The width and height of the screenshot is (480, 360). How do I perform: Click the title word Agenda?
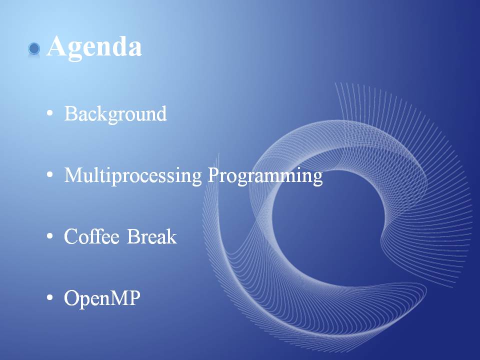pos(94,47)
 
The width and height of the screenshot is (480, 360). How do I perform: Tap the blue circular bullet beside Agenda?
pos(34,48)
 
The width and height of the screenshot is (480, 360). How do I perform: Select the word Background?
pos(115,114)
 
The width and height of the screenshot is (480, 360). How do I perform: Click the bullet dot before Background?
pos(49,113)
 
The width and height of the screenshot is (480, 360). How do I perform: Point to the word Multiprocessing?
pos(133,176)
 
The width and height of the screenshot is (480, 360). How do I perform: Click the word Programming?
pos(265,176)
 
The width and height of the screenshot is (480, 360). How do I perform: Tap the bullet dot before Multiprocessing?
pos(49,174)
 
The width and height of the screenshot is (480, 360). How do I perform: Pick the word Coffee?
pos(91,236)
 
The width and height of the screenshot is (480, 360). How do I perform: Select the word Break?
pos(152,236)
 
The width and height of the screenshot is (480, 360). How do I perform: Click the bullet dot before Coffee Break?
pos(49,236)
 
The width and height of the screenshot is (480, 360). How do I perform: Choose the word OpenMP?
pos(102,298)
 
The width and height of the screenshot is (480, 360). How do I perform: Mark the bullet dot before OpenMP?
pos(49,297)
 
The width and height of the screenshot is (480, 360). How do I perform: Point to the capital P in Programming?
pos(214,175)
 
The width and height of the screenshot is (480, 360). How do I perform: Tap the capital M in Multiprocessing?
pos(74,175)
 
